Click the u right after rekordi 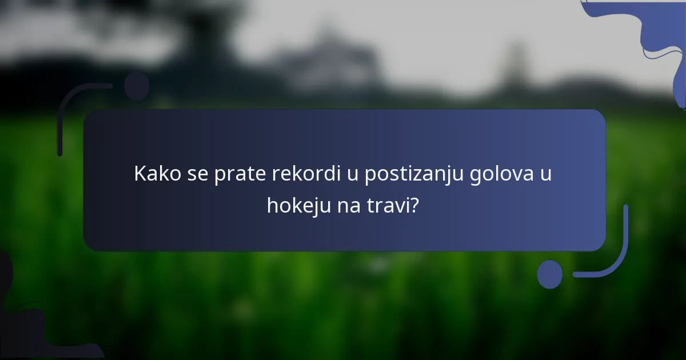point(352,174)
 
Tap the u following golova point(546,174)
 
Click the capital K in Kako point(139,174)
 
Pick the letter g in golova point(475,176)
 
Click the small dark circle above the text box point(137,86)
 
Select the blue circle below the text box point(550,274)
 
